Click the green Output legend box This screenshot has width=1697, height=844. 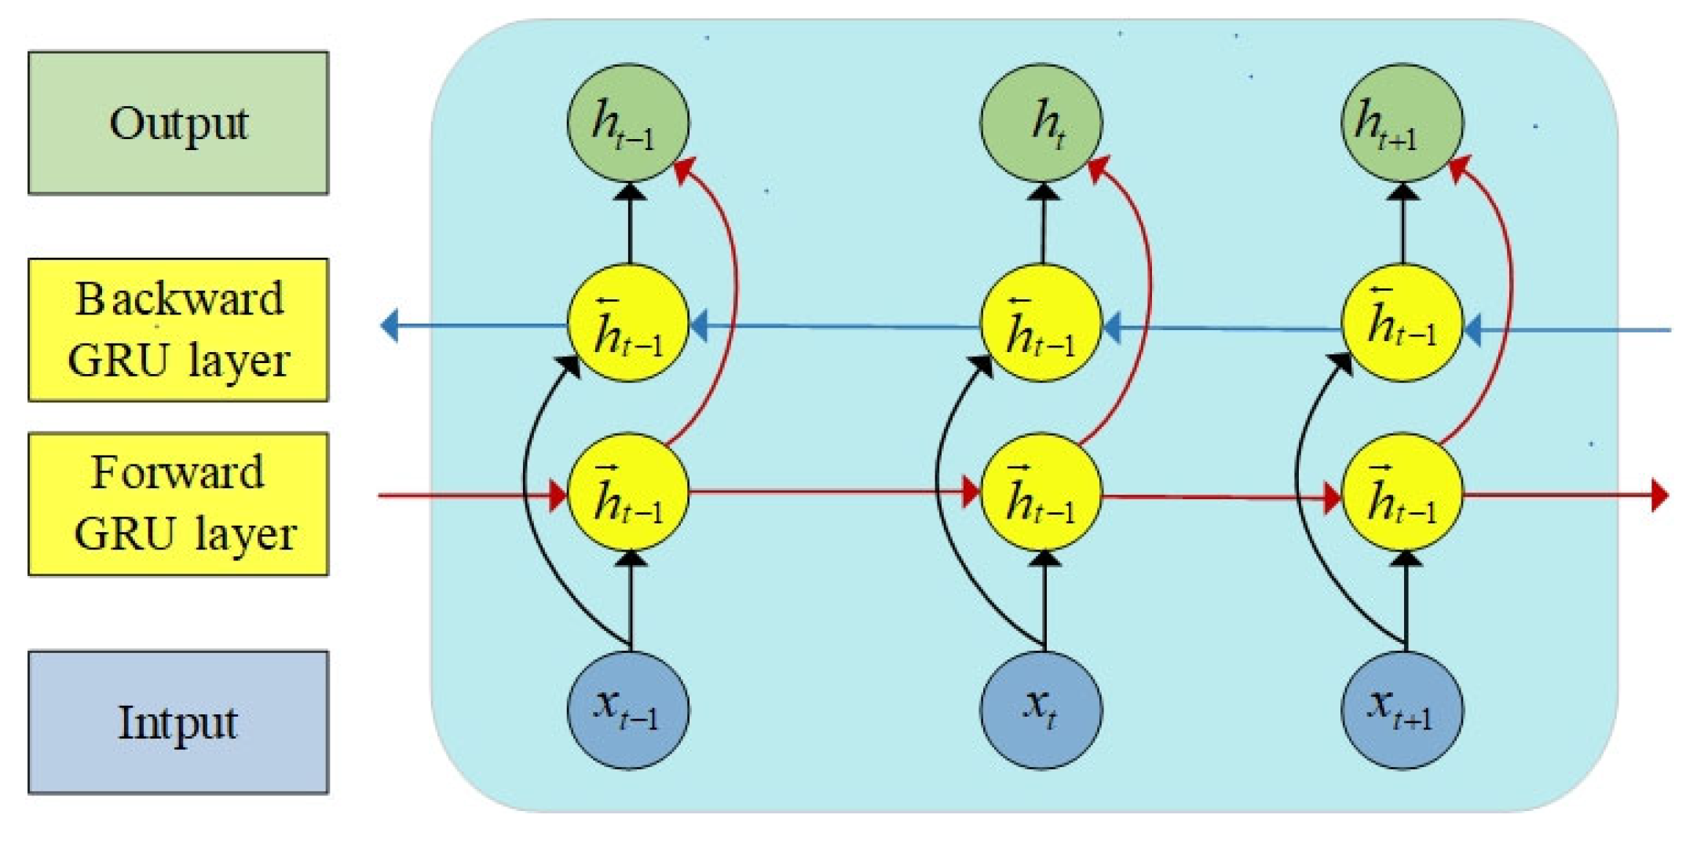[178, 123]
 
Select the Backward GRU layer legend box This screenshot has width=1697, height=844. [178, 330]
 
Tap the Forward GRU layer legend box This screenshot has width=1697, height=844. [178, 504]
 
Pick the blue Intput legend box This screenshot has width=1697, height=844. [178, 721]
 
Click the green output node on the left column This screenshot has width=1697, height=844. [628, 123]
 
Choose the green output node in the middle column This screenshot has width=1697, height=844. [1041, 123]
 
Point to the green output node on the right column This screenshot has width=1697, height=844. [1403, 123]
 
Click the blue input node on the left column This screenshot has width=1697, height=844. [628, 710]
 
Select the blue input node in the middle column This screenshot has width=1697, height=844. [1041, 710]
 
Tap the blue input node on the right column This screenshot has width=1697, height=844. [1403, 710]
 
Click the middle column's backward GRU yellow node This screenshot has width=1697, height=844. [1041, 324]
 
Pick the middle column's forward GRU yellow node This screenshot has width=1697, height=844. [1041, 494]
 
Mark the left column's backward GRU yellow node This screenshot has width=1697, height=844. [628, 324]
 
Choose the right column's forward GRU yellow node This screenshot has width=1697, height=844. [1403, 494]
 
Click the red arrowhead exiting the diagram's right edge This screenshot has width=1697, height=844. [1660, 495]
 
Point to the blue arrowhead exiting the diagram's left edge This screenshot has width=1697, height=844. [389, 325]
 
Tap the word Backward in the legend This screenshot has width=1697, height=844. [179, 299]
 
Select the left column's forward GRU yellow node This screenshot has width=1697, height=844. [628, 494]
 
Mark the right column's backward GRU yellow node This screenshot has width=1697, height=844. [1403, 324]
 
